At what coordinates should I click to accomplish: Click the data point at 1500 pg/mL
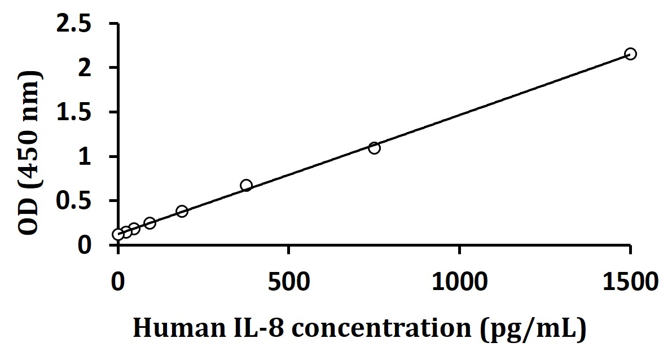(x=630, y=54)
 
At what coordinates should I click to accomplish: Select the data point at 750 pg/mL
(x=374, y=148)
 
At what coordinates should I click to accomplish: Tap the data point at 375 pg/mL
(x=246, y=185)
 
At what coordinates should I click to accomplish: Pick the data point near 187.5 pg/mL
(x=182, y=211)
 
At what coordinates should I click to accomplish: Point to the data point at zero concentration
(x=118, y=234)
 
